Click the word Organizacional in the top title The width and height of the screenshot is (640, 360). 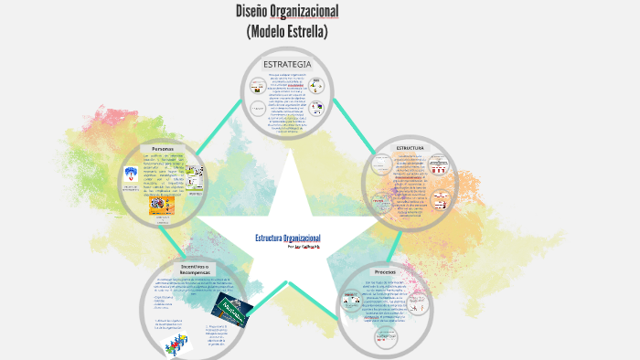311,12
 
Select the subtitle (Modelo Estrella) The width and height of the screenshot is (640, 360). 287,32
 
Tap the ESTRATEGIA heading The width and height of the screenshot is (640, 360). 287,64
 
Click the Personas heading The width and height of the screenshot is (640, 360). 162,148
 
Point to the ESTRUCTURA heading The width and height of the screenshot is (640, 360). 409,147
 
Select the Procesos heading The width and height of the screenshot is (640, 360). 385,272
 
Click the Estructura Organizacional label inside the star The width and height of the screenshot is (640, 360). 287,238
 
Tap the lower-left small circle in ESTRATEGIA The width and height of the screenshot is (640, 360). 259,110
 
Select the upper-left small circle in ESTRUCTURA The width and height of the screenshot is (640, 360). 384,166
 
